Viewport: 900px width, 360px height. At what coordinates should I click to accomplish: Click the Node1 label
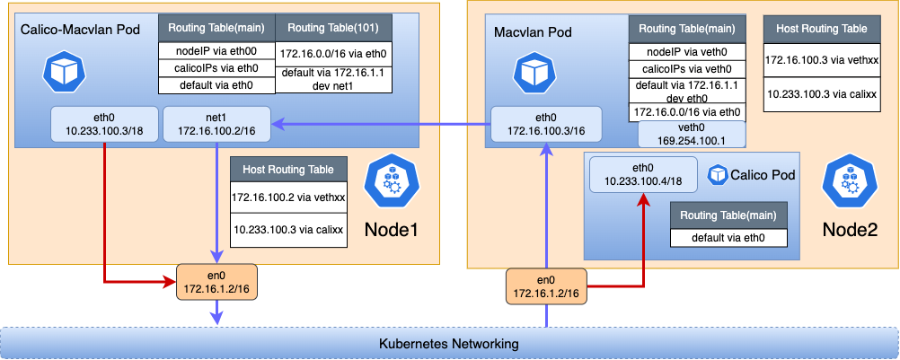(x=392, y=230)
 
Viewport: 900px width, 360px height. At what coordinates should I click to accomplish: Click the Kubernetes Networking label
(x=449, y=343)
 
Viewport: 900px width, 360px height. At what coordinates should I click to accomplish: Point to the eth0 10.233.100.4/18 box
(x=643, y=174)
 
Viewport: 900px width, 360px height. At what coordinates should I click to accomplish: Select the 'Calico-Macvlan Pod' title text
(x=78, y=31)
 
